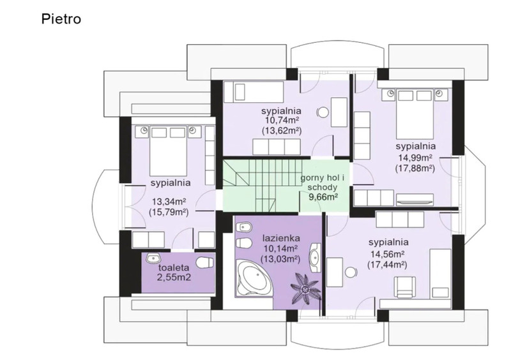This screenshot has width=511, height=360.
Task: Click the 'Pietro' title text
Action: coord(61,19)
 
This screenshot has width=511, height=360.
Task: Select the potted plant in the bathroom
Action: coord(305,289)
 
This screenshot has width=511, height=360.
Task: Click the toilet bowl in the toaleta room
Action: coord(205,262)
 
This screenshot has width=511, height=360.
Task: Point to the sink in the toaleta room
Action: coord(153,259)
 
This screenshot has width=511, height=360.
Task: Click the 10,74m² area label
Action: coord(282,121)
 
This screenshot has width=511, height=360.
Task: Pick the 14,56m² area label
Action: coord(388,254)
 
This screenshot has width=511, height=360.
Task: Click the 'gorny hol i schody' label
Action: coord(323,183)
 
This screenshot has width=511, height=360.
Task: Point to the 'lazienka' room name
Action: coord(281,238)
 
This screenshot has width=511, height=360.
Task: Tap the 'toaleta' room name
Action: coord(174,268)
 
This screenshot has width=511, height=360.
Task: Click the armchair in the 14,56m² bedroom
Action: coord(404,287)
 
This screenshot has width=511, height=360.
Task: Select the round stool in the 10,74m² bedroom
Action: coord(323,113)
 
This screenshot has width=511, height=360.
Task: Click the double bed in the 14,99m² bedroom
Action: coord(415,114)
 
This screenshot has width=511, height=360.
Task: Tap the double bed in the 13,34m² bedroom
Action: coord(168,151)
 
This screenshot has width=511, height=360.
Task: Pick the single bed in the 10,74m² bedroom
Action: coord(254,92)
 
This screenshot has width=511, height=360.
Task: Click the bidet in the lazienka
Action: coord(245,227)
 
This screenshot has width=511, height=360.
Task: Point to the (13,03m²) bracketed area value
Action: coord(280,259)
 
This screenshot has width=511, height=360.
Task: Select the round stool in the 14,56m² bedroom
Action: coord(351,273)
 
